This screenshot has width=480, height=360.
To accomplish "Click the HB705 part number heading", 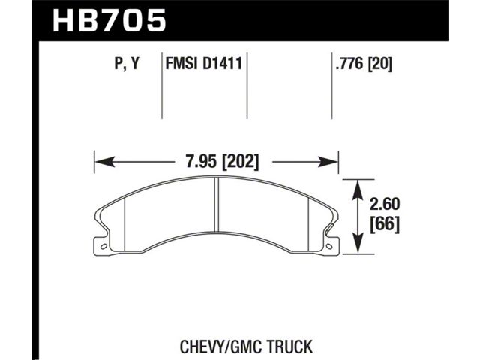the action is (109, 21).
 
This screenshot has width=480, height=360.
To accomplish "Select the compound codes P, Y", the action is (127, 64).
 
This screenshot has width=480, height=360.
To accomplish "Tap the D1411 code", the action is (223, 64).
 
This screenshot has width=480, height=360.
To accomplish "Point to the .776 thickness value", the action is (350, 64).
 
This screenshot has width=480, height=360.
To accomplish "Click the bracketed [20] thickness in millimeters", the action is (380, 64).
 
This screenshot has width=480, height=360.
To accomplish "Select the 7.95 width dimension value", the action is (201, 162).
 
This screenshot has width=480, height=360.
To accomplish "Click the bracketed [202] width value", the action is (240, 162).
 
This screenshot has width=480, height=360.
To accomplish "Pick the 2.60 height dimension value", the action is (385, 204).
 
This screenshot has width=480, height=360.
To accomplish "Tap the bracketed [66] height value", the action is (385, 225).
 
